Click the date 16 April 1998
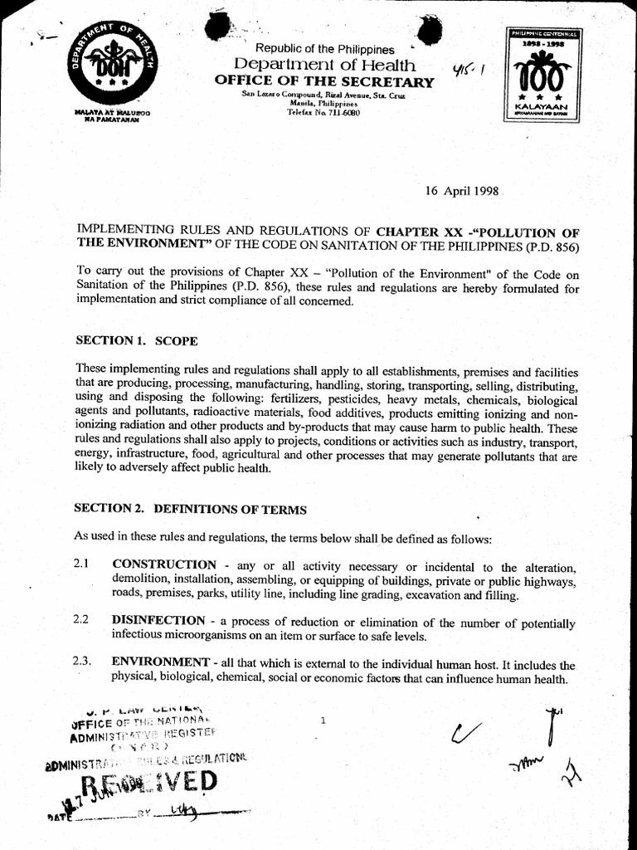[461, 190]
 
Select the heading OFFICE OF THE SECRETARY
[323, 81]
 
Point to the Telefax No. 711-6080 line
[323, 112]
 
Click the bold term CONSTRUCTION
[164, 565]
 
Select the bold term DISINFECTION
[158, 621]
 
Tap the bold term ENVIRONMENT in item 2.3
[160, 662]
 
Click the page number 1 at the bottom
[322, 721]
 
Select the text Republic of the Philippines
[324, 50]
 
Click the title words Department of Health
[324, 65]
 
